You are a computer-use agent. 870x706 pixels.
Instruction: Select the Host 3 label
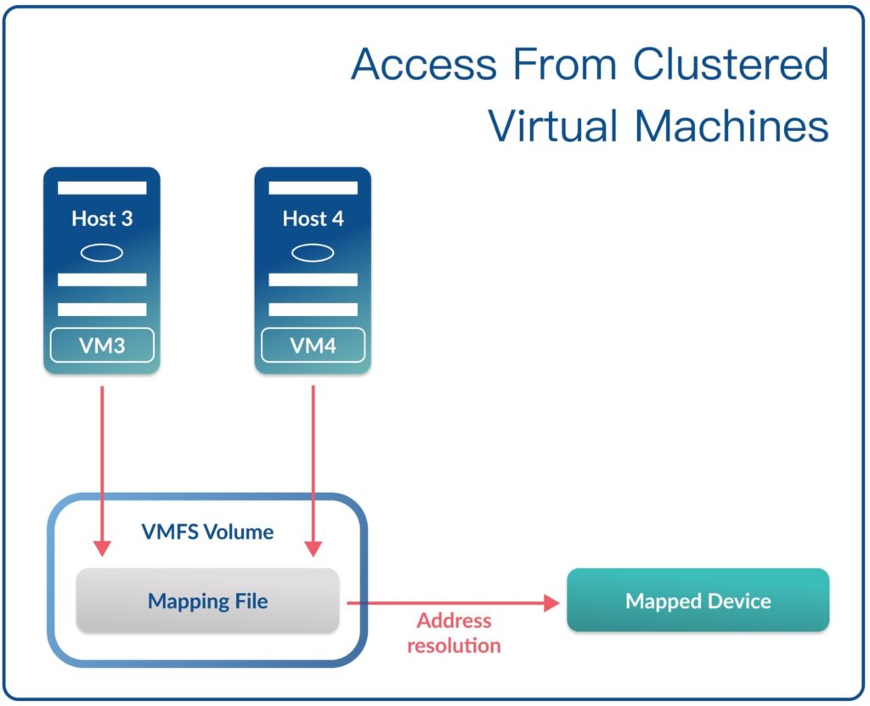102,218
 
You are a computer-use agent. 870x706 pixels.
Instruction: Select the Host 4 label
313,218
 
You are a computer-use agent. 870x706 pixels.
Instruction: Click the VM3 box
102,346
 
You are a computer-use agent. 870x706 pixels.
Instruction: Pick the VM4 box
313,346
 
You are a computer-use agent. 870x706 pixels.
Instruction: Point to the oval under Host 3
102,252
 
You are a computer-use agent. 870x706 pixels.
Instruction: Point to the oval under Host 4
313,252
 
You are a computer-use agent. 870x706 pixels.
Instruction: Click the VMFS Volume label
207,533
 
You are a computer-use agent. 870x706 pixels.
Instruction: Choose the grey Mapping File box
207,602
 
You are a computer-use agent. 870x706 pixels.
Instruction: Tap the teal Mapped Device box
698,601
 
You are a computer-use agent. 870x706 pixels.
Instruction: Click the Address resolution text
454,633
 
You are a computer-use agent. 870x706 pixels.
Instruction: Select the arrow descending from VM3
102,467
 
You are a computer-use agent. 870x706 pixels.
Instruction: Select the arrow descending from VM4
314,467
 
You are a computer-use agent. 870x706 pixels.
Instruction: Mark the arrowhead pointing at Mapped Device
552,602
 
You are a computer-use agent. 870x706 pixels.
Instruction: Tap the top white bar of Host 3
102,188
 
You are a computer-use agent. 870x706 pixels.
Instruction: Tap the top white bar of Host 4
313,188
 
